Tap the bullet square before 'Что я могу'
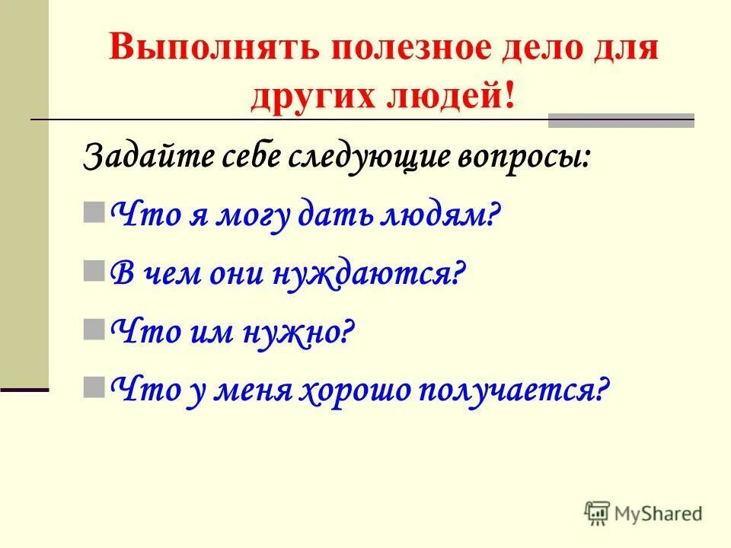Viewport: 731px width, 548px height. coord(94,212)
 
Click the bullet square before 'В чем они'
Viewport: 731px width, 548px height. coord(94,270)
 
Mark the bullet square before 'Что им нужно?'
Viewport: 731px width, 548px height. coord(94,328)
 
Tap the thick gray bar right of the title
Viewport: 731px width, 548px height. coord(621,119)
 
